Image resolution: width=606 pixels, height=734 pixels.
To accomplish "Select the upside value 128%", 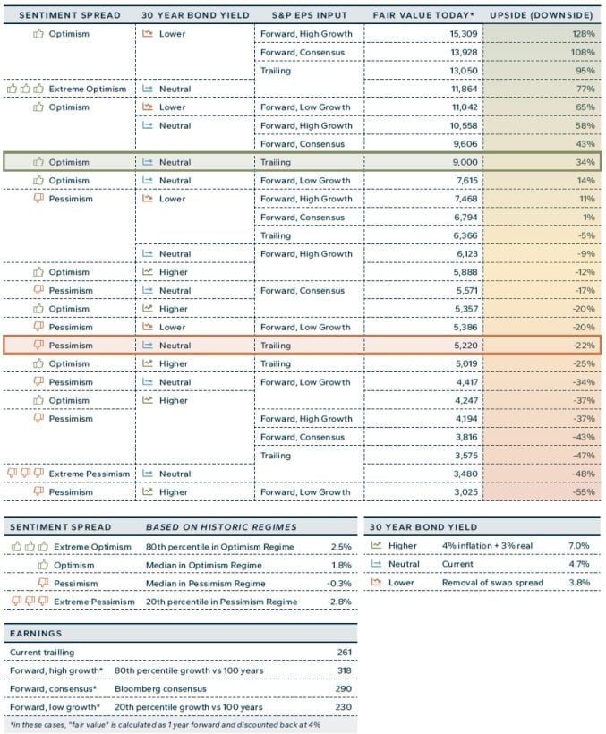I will tap(584, 34).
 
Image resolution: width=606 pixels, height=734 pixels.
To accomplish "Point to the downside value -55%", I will tap(584, 491).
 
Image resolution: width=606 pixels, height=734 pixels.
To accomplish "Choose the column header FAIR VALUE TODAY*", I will tap(422, 15).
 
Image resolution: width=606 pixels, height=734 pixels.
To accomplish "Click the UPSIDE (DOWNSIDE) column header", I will tap(542, 15).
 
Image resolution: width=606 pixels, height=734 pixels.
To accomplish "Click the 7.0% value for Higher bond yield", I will tap(578, 545).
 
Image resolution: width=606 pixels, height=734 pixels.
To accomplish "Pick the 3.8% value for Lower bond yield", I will tap(578, 583).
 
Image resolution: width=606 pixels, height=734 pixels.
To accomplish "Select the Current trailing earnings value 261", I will tap(345, 653).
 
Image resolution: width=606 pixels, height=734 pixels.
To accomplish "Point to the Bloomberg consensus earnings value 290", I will tap(345, 689).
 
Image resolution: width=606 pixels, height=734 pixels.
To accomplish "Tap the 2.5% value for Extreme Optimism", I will tap(340, 546).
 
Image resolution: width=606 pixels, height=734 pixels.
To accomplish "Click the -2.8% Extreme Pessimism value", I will tap(338, 602).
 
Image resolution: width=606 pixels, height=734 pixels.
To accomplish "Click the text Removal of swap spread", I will tap(489, 583).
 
